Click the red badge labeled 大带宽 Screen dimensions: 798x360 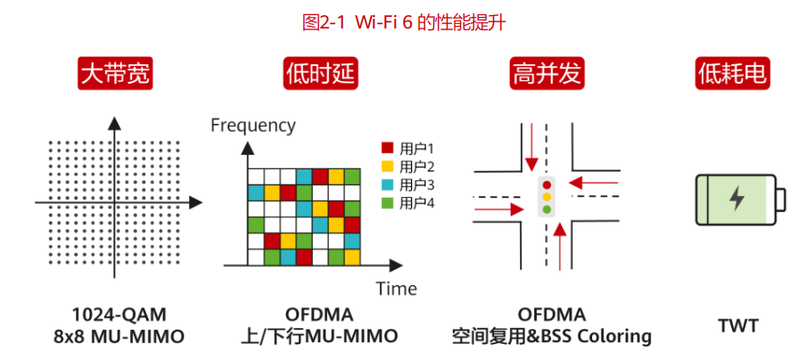point(115,74)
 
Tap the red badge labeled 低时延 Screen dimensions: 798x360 point(321,74)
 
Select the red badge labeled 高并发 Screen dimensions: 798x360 point(547,74)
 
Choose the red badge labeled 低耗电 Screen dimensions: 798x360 point(733,74)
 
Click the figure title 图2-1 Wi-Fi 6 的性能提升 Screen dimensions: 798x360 point(404,23)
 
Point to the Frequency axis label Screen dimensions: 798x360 point(253,126)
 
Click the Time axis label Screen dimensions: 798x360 point(397,289)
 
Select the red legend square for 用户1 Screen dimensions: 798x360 point(388,149)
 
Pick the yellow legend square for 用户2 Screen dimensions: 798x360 point(388,167)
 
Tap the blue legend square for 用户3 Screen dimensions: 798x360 point(388,185)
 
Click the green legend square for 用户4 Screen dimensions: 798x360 point(388,203)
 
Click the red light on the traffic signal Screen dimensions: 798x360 point(547,185)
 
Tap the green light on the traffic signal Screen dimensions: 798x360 point(547,209)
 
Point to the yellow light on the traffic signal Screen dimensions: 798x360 point(547,197)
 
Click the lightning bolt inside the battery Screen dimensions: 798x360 point(736,199)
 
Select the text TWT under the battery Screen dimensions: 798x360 point(738,326)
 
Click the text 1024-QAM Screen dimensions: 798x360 point(119,315)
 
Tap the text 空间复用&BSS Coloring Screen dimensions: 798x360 point(552,337)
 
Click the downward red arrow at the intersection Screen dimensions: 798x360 point(531,147)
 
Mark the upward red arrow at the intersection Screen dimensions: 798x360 point(560,247)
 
